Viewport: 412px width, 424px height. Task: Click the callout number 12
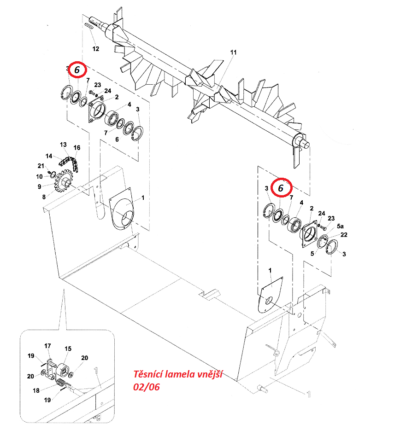click(x=96, y=49)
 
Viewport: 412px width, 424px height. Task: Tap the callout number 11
click(x=233, y=52)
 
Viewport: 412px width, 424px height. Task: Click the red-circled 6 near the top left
click(x=77, y=70)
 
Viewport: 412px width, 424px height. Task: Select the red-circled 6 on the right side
click(x=281, y=188)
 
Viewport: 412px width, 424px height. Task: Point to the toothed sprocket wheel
click(x=64, y=181)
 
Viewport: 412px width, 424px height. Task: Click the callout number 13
click(x=63, y=145)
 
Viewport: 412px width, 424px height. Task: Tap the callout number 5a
click(x=340, y=226)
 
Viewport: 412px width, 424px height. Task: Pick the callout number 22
click(x=343, y=235)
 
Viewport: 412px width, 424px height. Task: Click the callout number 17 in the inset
click(x=47, y=346)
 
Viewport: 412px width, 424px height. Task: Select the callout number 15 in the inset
click(x=68, y=349)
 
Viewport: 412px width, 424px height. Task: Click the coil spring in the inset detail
click(x=62, y=383)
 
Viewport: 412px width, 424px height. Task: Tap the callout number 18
click(x=36, y=390)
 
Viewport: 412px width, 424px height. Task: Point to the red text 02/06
click(x=147, y=387)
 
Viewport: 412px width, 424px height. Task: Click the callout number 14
click(x=49, y=156)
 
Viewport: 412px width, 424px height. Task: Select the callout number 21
click(x=41, y=166)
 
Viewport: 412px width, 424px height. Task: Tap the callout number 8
click(x=44, y=197)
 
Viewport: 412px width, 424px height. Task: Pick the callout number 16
click(x=77, y=148)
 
